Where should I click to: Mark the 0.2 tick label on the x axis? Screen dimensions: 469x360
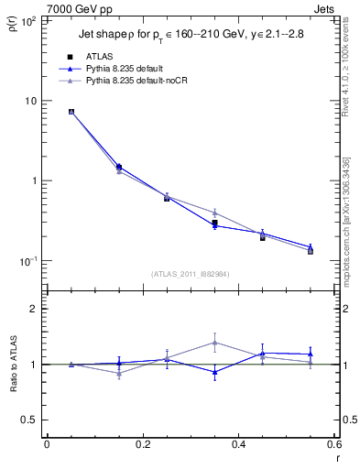(x=142, y=446)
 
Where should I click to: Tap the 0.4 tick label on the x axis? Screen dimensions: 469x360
(x=238, y=446)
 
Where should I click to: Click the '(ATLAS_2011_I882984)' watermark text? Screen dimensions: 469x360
(x=190, y=273)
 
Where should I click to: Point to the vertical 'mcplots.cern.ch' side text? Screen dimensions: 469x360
(x=347, y=229)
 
